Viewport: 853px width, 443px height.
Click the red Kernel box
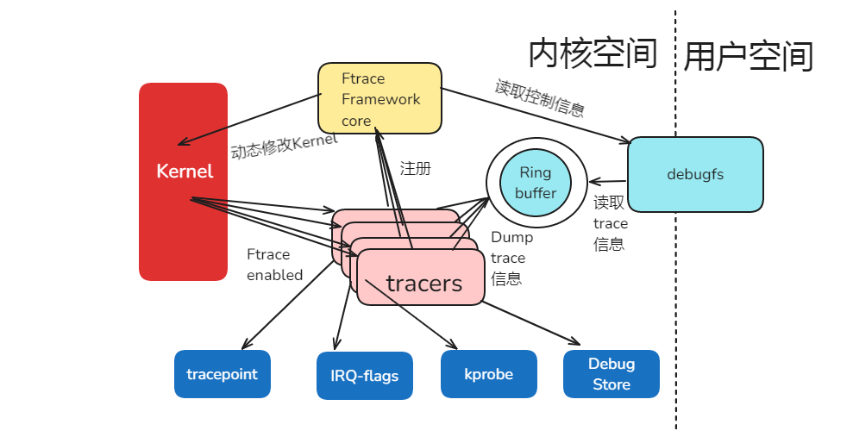(184, 182)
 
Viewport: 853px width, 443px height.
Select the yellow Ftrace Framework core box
(380, 99)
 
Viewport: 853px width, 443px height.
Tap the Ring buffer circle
(536, 184)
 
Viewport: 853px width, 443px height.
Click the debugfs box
(695, 174)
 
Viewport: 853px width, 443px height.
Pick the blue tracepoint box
(222, 374)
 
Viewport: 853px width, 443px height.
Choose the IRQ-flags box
(365, 376)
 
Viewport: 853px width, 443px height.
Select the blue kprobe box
(488, 374)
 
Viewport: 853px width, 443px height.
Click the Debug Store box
(612, 374)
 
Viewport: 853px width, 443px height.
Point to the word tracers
(423, 284)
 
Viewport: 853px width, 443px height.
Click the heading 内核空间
(593, 53)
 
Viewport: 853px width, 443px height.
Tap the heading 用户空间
(749, 57)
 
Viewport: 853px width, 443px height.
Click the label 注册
(415, 169)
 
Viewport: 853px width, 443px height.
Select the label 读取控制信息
(540, 98)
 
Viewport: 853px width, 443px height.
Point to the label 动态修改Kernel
(284, 146)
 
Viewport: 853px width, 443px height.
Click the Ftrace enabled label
(274, 265)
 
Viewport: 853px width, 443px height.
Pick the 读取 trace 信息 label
(611, 223)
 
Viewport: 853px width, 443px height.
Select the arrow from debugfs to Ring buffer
(608, 181)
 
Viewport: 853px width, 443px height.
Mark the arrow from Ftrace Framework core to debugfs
(535, 115)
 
